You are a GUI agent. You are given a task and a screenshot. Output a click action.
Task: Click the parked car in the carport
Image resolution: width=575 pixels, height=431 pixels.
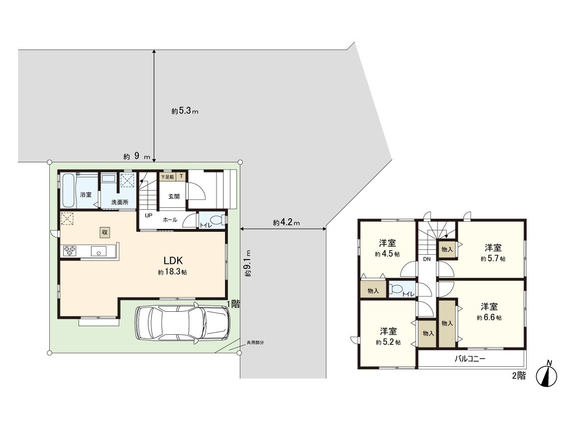(182, 323)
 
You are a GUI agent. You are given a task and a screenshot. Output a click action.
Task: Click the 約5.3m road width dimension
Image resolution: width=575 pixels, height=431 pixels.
(185, 111)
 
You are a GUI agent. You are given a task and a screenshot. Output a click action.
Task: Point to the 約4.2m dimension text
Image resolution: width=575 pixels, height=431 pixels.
(287, 223)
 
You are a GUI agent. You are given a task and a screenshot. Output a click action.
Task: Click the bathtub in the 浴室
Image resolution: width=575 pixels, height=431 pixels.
(68, 191)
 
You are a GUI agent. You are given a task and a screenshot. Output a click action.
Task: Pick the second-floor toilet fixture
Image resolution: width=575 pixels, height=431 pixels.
(397, 290)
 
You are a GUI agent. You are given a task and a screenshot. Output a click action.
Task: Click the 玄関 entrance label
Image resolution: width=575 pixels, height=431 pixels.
(173, 196)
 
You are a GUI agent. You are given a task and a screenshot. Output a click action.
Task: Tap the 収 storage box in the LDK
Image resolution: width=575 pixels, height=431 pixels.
(105, 232)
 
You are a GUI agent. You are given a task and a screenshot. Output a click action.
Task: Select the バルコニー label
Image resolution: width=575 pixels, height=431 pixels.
(470, 358)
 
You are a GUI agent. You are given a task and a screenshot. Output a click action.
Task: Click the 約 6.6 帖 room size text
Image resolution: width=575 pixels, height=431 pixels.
(489, 318)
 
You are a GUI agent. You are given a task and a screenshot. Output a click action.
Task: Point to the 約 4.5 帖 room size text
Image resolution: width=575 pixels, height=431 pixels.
(387, 254)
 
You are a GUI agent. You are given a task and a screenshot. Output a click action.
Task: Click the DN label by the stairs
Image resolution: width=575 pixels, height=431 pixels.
(426, 259)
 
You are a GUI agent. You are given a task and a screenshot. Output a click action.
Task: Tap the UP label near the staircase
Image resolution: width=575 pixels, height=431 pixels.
(149, 215)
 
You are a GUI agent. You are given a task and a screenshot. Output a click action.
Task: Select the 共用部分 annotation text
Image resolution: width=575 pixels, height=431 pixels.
(255, 342)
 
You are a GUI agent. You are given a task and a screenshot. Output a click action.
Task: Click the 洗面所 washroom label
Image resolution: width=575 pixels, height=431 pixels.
(120, 202)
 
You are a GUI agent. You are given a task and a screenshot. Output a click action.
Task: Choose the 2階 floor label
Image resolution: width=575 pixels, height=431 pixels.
(518, 376)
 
